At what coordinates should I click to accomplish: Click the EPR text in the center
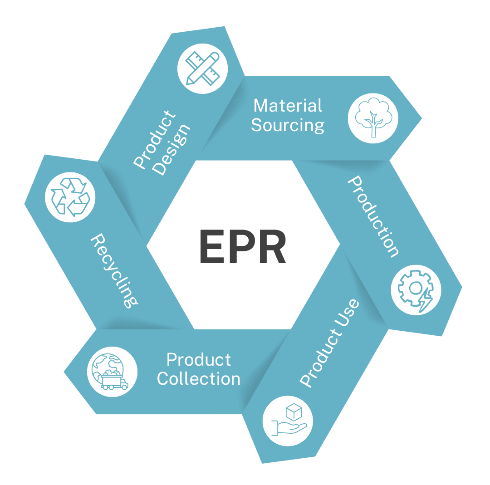(x=243, y=247)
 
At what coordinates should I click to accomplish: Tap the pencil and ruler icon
(x=203, y=69)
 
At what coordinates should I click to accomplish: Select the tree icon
(x=372, y=118)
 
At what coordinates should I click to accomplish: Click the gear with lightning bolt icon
(x=416, y=289)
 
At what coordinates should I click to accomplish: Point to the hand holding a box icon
(x=287, y=421)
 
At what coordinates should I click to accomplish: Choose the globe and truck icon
(x=112, y=371)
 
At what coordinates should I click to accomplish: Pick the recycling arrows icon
(x=70, y=197)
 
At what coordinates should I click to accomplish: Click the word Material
(x=288, y=106)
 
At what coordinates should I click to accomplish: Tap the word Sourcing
(x=288, y=125)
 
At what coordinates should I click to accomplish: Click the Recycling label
(x=114, y=271)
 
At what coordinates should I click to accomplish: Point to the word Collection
(x=198, y=379)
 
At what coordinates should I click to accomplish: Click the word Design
(x=172, y=149)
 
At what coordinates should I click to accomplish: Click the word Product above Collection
(x=199, y=360)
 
